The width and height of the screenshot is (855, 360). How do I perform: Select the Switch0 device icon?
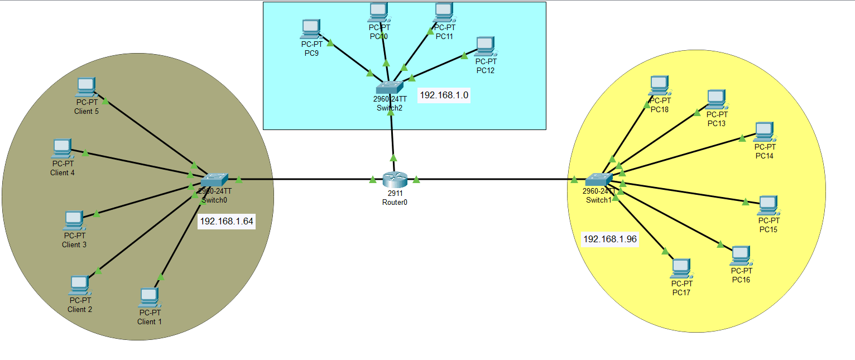(x=214, y=179)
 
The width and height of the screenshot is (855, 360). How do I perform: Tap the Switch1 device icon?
(x=599, y=179)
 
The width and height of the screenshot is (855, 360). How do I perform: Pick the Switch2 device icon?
(x=389, y=87)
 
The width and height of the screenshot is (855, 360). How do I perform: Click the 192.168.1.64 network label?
(x=227, y=222)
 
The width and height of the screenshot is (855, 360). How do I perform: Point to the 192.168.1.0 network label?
(x=444, y=95)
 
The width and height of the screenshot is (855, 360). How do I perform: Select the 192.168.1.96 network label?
(x=610, y=239)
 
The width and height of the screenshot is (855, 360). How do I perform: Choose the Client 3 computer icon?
(x=74, y=220)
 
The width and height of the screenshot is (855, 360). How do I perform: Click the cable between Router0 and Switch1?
(x=497, y=179)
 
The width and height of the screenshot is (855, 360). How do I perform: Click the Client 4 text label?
(x=63, y=172)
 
